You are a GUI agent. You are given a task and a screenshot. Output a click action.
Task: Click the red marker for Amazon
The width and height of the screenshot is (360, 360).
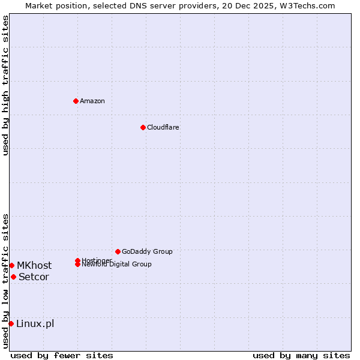click(76, 101)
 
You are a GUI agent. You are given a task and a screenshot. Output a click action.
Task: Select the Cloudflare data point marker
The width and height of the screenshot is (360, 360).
click(143, 127)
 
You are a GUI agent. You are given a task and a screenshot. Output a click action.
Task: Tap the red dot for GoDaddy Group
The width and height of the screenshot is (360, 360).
click(118, 251)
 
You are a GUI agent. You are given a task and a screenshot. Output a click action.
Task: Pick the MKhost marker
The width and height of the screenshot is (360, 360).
click(11, 265)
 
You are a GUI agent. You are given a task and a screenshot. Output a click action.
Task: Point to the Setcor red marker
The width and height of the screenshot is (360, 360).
click(13, 277)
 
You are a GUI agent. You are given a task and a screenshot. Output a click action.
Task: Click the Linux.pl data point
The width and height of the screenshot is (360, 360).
click(11, 324)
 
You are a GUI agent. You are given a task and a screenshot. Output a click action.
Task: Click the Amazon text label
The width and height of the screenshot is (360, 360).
click(92, 101)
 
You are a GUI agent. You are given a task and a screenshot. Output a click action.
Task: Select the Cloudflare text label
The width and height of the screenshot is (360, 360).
click(163, 127)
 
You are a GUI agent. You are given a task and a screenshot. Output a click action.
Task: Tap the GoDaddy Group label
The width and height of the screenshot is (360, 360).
click(147, 251)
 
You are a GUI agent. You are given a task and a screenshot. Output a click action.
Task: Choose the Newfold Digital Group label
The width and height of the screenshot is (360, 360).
click(116, 265)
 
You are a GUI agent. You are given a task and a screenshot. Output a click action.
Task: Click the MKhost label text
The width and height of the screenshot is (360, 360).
click(34, 265)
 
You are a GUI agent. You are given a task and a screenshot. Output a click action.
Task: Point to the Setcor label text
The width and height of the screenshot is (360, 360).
click(34, 277)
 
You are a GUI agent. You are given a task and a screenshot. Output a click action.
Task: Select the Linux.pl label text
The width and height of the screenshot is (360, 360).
click(35, 324)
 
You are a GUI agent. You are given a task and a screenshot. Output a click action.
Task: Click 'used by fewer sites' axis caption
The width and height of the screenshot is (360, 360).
click(62, 355)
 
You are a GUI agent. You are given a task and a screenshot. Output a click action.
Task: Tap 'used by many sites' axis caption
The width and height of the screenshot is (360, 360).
click(301, 355)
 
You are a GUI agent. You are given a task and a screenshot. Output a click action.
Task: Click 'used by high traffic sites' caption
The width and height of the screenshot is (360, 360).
click(5, 85)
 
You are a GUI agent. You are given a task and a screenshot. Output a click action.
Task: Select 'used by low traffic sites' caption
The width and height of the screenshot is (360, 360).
click(5, 281)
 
